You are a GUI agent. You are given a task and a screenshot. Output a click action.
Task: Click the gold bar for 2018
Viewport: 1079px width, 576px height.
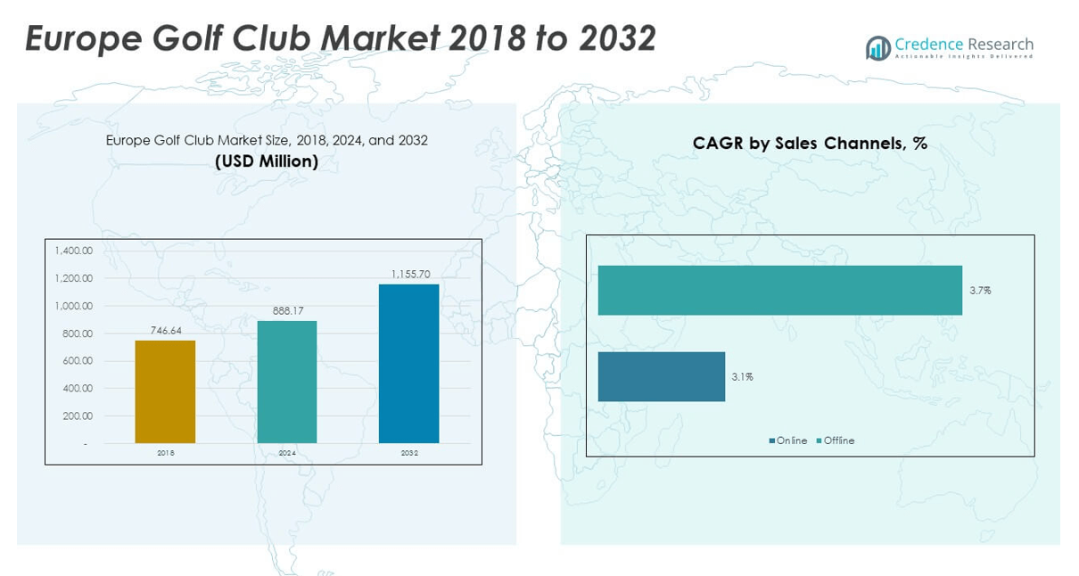[x=165, y=391]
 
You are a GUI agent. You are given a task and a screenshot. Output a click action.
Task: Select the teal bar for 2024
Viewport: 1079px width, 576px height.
[x=287, y=382]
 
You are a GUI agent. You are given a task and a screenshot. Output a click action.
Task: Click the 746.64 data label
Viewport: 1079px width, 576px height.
[x=165, y=331]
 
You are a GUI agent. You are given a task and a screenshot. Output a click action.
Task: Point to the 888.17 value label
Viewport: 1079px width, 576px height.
[x=287, y=311]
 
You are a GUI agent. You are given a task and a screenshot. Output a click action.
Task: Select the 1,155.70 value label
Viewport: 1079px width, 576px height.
[x=408, y=275]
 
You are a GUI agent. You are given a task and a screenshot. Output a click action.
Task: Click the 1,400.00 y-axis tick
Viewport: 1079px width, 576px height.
[x=73, y=251]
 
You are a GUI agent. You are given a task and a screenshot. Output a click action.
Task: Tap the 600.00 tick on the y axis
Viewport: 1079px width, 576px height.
[x=77, y=360]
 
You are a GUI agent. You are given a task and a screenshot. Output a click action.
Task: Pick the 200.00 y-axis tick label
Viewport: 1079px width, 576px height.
[x=77, y=416]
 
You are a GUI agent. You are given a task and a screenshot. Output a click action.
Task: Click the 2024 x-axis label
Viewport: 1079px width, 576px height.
[x=287, y=453]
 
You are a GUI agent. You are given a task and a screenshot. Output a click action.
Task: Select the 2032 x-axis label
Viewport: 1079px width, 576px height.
[x=408, y=453]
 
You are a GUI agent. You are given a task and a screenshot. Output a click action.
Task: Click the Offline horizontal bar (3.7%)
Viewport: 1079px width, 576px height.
[x=779, y=291]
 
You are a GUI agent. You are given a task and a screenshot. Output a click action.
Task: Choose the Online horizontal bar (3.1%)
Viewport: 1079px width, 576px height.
[x=661, y=376]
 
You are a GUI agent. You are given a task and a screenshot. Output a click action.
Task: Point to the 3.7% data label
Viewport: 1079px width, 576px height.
[x=980, y=291]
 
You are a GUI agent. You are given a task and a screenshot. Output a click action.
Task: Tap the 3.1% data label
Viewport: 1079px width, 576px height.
[x=742, y=377]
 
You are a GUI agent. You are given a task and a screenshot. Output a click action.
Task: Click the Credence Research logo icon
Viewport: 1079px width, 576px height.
[x=878, y=48]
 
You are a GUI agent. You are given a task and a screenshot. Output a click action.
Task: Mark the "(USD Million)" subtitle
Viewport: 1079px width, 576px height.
[x=267, y=161]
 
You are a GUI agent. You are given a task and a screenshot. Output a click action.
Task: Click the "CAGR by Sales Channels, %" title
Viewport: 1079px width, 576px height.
[x=810, y=144]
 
